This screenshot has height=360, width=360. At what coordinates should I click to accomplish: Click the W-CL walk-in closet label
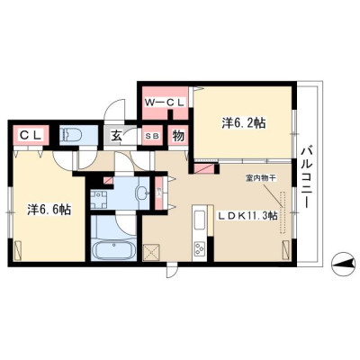tap(164, 103)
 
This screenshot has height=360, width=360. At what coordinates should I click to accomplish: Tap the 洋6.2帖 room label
tap(244, 123)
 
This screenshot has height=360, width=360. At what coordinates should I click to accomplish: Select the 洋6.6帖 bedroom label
tap(49, 210)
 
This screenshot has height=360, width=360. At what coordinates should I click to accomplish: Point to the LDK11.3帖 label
tap(247, 215)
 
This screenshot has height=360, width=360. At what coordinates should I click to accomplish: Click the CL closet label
tap(31, 136)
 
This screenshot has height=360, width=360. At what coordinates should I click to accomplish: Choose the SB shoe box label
tap(153, 136)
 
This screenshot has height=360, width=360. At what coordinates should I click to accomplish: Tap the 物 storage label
tap(178, 137)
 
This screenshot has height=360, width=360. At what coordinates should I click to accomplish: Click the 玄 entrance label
tap(117, 137)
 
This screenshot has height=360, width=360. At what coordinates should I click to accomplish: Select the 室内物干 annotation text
tap(259, 178)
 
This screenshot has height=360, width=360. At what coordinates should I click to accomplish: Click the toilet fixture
tap(72, 135)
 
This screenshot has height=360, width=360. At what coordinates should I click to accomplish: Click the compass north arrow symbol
tap(343, 264)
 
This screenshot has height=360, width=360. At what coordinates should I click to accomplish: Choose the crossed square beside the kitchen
tap(152, 252)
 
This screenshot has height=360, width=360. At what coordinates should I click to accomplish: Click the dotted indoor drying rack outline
tap(283, 212)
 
